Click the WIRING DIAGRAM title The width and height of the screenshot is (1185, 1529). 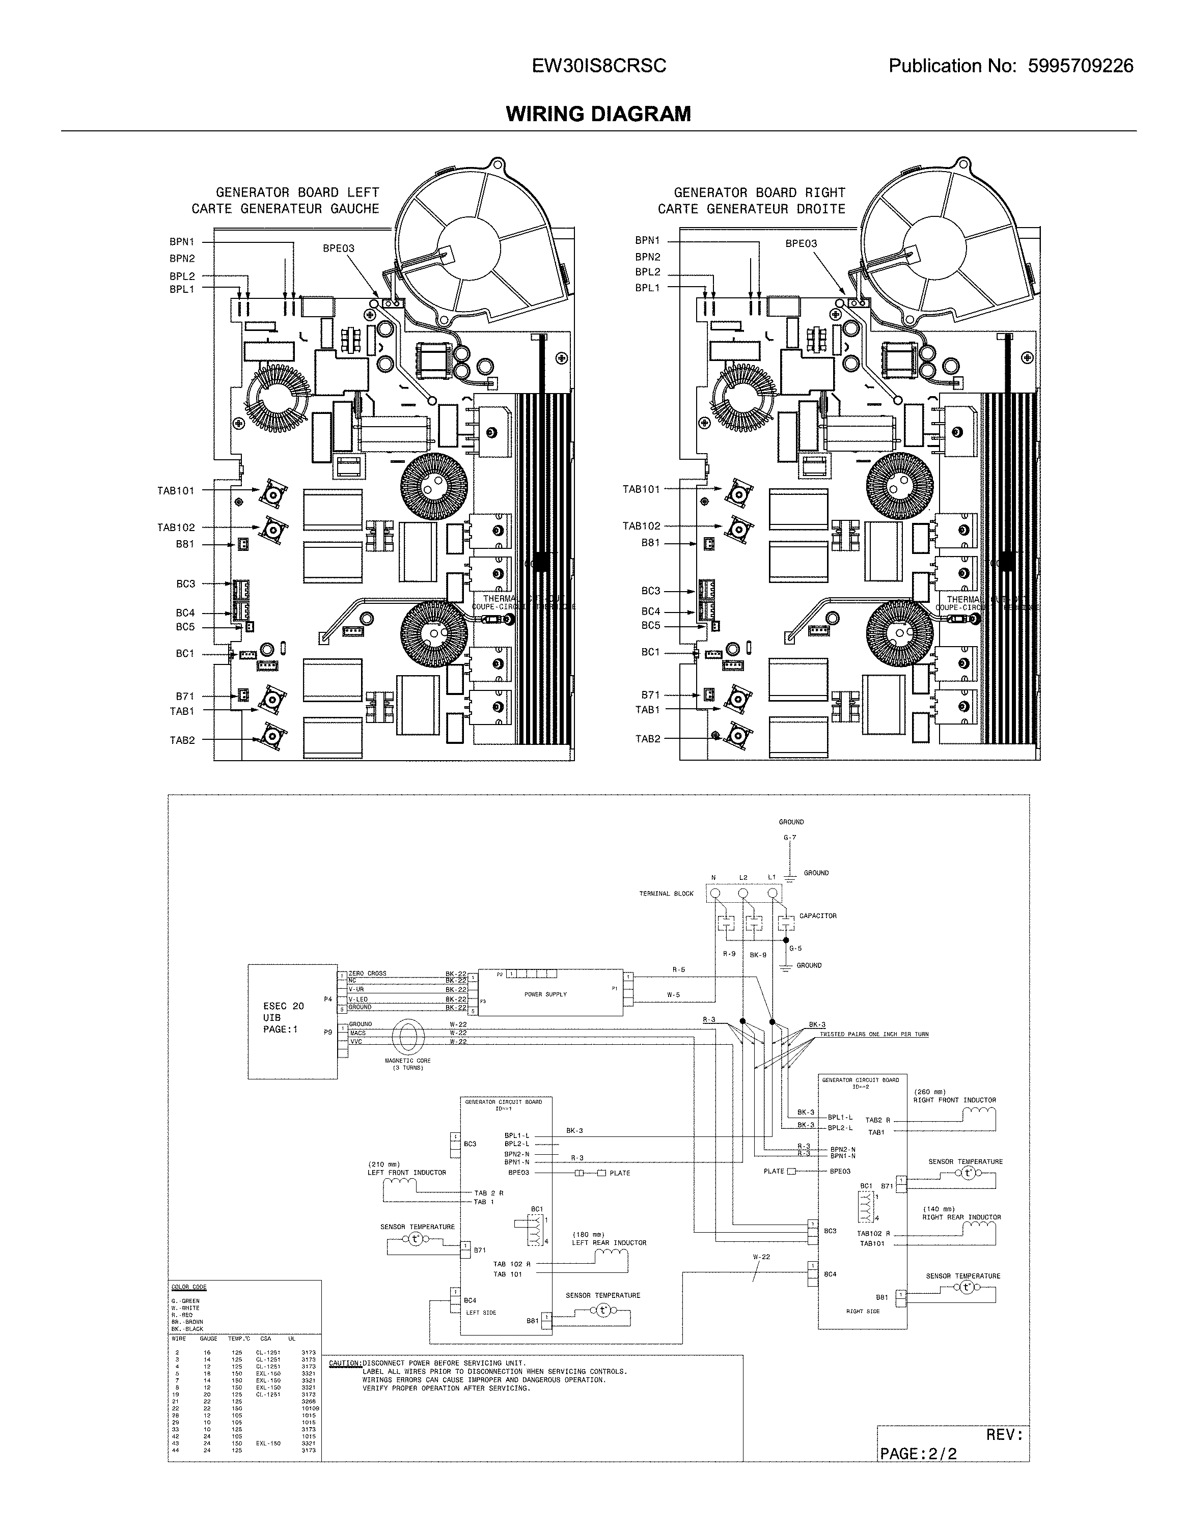pyautogui.click(x=598, y=114)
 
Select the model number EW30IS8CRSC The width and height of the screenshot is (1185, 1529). pyautogui.click(x=599, y=66)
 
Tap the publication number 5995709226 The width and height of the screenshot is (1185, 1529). pyautogui.click(x=1080, y=66)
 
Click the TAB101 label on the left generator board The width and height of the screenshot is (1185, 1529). pyautogui.click(x=175, y=491)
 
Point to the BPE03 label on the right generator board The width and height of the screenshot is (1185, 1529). pyautogui.click(x=801, y=243)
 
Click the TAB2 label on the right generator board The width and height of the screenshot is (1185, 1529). pyautogui.click(x=648, y=739)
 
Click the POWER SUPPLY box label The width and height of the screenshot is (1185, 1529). pyautogui.click(x=545, y=994)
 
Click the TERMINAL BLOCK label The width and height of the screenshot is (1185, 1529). pyautogui.click(x=666, y=894)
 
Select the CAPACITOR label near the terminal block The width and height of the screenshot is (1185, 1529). pyautogui.click(x=817, y=915)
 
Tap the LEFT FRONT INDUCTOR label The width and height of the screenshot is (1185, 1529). pyautogui.click(x=406, y=1172)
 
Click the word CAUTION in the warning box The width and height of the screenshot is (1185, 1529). pyautogui.click(x=345, y=1363)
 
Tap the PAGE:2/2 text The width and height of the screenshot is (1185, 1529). pyautogui.click(x=918, y=1448)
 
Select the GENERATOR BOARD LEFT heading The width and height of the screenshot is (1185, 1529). pyautogui.click(x=297, y=192)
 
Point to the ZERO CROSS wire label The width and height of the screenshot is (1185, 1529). pyautogui.click(x=367, y=973)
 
